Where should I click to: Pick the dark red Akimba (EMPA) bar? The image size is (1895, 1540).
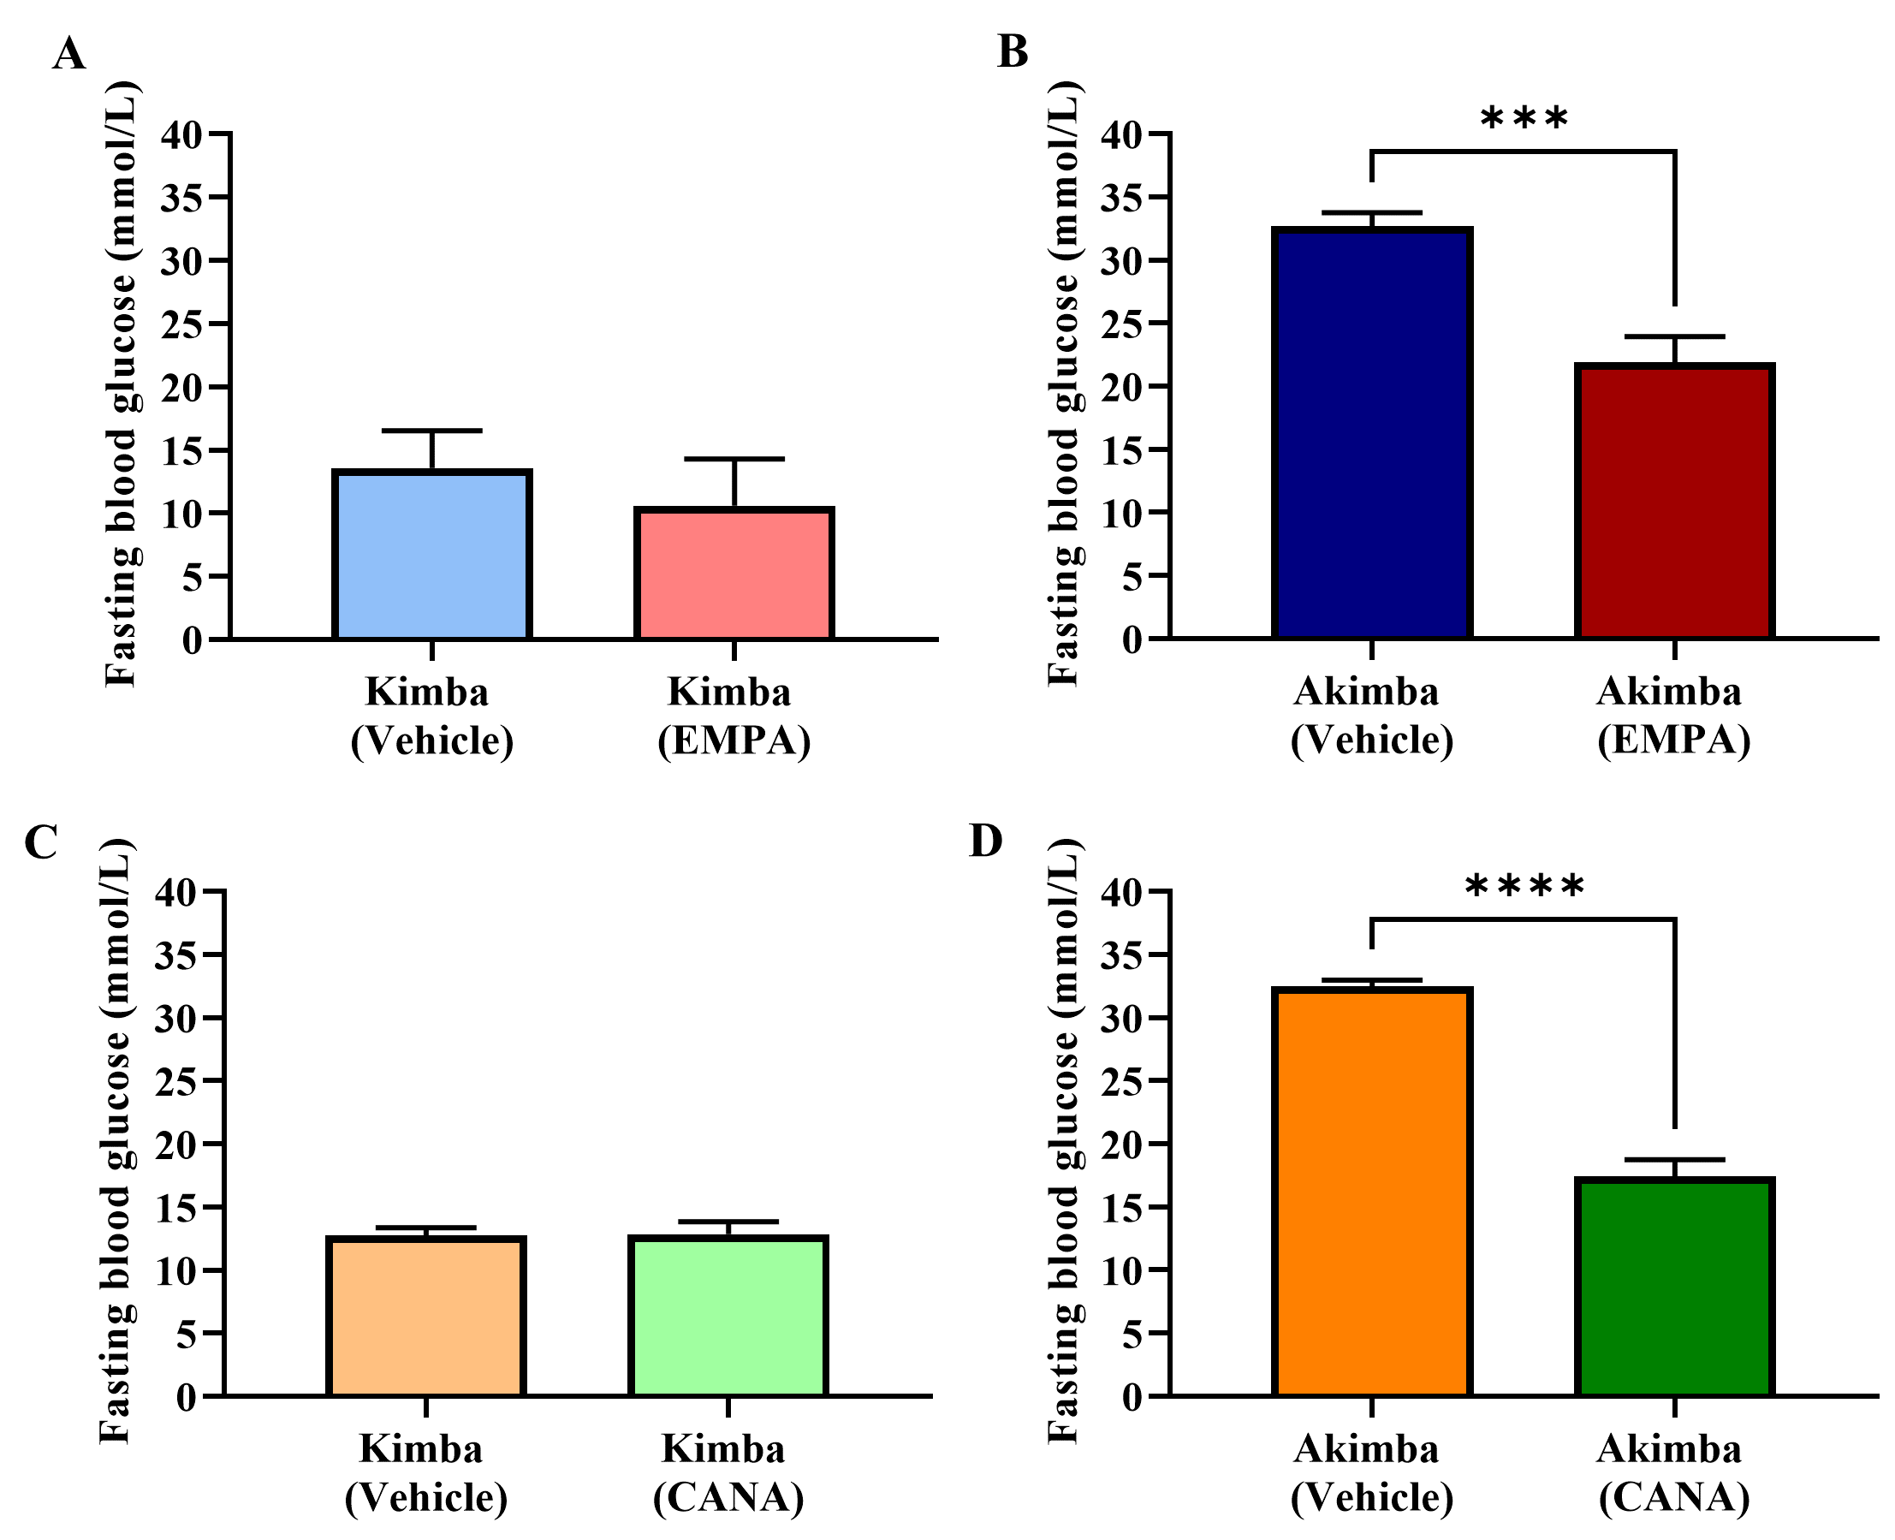(1674, 502)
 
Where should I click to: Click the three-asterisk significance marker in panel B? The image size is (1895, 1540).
(1524, 120)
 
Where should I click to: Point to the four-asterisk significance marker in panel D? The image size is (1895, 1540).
(1524, 887)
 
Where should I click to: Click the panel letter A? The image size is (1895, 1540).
(69, 55)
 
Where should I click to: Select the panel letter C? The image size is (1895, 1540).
(42, 842)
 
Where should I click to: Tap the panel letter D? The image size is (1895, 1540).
(986, 841)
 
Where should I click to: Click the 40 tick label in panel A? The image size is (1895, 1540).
(181, 135)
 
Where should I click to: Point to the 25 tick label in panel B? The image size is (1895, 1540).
(1123, 324)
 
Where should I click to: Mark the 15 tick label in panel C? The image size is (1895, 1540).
(175, 1208)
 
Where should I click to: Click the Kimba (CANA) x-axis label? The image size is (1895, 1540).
(728, 1473)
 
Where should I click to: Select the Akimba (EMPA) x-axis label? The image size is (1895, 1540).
(1673, 716)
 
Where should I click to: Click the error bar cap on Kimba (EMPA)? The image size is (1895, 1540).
(734, 459)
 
